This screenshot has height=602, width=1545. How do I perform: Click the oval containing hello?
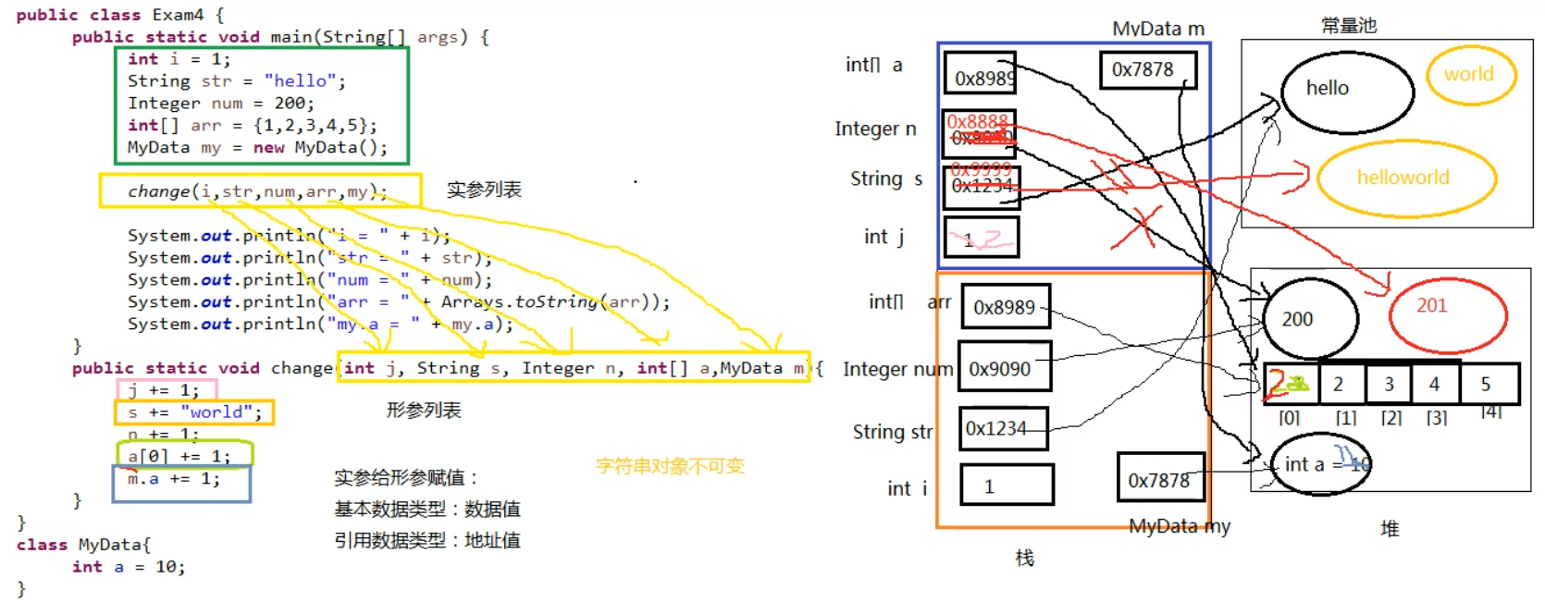(x=1347, y=91)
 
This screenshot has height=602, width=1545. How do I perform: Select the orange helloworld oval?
(x=1405, y=178)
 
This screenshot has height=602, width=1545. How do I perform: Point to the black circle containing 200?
(x=1309, y=319)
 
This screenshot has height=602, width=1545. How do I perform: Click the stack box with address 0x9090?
(x=1004, y=368)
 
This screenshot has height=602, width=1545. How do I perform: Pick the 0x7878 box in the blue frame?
(x=1146, y=70)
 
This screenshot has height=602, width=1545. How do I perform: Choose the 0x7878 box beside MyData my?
(x=1160, y=478)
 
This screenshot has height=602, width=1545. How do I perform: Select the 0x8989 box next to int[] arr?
(x=1006, y=307)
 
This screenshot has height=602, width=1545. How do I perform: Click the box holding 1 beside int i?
(x=1006, y=485)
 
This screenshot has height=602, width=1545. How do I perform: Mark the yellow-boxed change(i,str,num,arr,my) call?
(x=258, y=191)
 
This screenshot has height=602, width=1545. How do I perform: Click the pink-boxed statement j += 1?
(x=165, y=389)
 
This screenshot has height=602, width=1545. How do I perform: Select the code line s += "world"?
(x=194, y=412)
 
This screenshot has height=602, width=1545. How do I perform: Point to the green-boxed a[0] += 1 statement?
(x=180, y=455)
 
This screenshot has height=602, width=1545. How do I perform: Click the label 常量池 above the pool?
(x=1349, y=26)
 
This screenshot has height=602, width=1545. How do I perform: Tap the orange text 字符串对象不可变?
(x=669, y=465)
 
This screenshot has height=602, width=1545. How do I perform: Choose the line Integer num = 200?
(x=220, y=104)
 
